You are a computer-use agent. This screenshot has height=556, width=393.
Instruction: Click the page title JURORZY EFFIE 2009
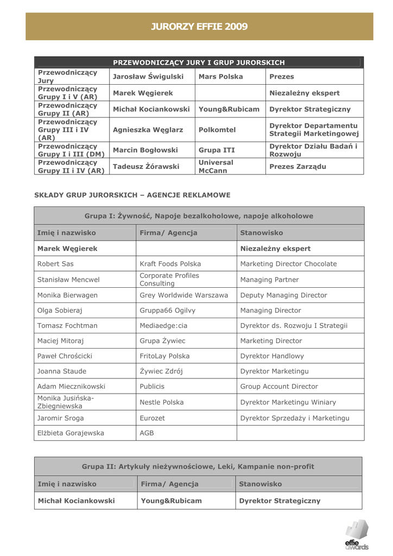click(199, 27)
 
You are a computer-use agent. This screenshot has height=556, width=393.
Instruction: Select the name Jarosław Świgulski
click(148, 77)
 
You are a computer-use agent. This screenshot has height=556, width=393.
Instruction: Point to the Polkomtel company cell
click(217, 130)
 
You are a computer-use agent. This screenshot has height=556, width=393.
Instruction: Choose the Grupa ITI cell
click(217, 150)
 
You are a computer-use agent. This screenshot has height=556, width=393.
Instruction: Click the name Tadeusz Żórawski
click(145, 166)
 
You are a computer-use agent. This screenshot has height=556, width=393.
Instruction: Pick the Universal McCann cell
click(216, 166)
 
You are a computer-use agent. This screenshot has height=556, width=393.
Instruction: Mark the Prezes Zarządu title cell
click(297, 166)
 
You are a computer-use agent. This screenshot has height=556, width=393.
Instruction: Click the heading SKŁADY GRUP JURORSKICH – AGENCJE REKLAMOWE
click(132, 195)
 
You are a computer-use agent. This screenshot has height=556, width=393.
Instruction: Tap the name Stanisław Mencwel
click(68, 280)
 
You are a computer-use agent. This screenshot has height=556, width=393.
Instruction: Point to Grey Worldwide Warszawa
click(184, 295)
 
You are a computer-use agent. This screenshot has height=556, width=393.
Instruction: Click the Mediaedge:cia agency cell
click(163, 326)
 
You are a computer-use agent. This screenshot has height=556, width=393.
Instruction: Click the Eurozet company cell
click(152, 418)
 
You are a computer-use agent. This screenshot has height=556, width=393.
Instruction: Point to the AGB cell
click(147, 433)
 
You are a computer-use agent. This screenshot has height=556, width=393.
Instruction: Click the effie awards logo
click(356, 534)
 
